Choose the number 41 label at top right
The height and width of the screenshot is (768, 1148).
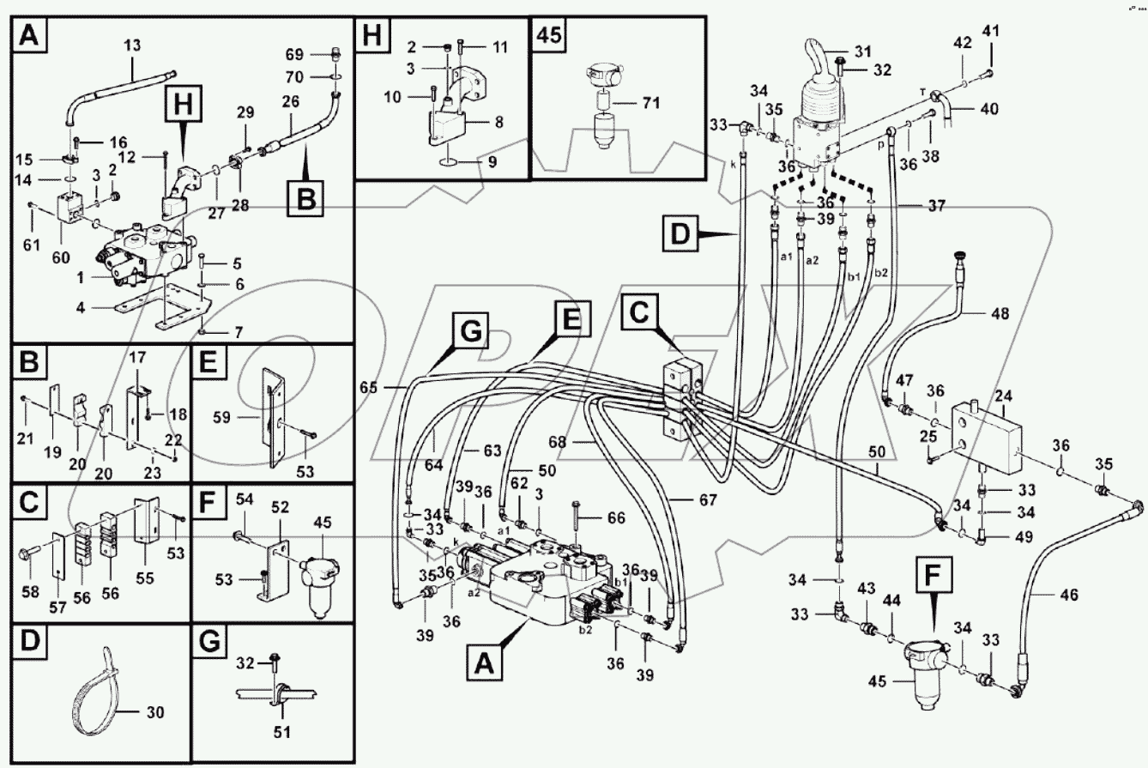click(991, 32)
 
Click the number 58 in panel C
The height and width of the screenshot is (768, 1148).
click(31, 593)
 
